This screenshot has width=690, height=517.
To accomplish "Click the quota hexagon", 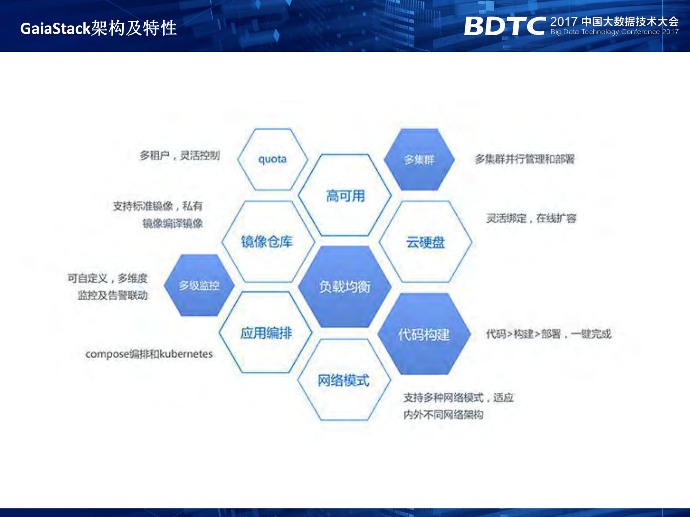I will click(273, 159).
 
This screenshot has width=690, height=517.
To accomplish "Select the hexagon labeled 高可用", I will click(345, 196).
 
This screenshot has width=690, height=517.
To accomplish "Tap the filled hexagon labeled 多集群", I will click(419, 160).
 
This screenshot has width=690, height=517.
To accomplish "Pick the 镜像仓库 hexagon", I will click(267, 242).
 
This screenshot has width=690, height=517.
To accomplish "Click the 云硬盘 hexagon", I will click(425, 242).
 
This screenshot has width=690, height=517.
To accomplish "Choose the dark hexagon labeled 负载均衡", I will click(344, 287).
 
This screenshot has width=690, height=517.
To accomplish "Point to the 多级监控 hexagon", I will click(199, 286).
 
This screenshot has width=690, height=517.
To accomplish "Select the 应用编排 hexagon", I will click(266, 333).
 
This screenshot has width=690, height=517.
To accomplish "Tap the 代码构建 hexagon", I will click(424, 334).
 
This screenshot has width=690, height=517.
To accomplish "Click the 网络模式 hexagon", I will click(344, 380).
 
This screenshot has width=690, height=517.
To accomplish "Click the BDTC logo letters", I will click(504, 26).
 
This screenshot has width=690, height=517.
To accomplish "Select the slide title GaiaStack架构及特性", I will click(99, 28).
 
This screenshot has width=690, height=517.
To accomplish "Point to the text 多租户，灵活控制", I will click(179, 156).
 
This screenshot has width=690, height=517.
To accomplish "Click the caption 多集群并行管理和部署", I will click(525, 159).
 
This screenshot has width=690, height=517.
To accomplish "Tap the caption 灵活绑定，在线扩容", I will click(531, 218).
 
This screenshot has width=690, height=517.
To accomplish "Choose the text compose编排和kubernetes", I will click(149, 354).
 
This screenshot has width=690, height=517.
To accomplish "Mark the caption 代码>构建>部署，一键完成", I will click(548, 334).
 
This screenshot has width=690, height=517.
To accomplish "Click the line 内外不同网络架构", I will click(443, 415).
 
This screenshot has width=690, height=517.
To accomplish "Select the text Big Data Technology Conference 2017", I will click(614, 32).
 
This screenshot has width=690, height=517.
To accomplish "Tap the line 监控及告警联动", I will click(113, 295).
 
